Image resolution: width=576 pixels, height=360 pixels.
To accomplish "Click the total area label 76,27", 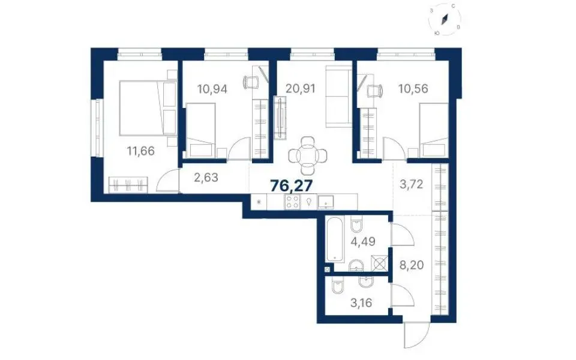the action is tap(291, 186).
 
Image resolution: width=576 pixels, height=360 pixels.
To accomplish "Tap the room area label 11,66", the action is tap(140, 151).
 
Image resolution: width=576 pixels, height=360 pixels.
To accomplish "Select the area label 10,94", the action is tap(212, 89).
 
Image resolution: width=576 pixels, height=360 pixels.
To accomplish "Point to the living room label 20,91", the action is tap(301, 89).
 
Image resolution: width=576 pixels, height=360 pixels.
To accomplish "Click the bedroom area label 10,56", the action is tap(413, 89).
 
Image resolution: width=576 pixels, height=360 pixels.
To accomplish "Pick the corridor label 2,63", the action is tap(206, 178).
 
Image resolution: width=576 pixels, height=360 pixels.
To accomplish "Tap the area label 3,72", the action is tap(411, 184).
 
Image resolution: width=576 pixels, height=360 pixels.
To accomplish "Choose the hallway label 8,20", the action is tap(412, 265).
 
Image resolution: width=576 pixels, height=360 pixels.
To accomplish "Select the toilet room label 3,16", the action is tap(361, 303).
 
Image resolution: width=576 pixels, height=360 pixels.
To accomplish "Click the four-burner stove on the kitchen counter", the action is tap(292, 202).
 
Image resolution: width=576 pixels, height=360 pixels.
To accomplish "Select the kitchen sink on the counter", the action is tap(325, 202).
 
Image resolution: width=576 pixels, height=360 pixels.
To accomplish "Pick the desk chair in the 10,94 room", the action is tap(251, 82).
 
